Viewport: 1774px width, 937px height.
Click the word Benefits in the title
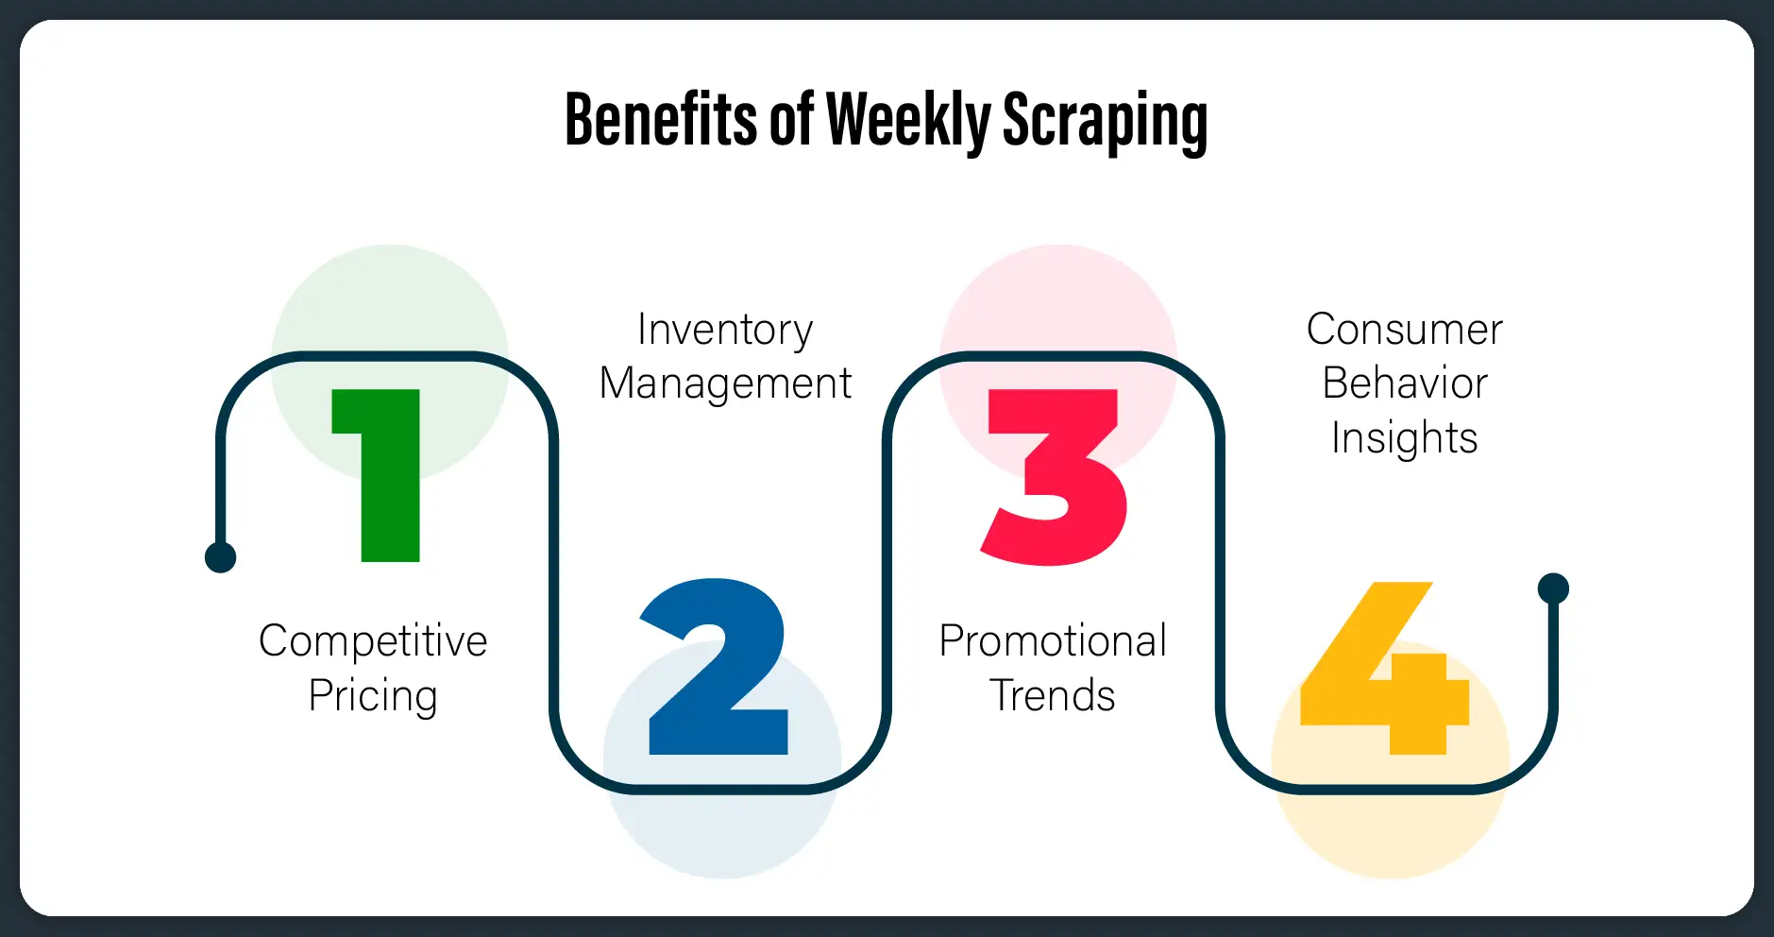point(660,120)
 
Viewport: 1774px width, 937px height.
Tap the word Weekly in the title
point(908,120)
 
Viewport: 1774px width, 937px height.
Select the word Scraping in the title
point(1105,120)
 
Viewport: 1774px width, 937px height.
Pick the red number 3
point(1055,476)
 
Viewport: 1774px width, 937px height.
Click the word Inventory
point(725,330)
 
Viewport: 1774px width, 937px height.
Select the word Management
point(725,383)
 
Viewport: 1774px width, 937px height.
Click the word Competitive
point(373,640)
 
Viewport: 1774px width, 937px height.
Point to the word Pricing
point(373,696)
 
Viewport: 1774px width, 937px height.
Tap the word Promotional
point(1053,640)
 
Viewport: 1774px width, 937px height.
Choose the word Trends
point(1053,696)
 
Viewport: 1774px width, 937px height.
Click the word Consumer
point(1404,330)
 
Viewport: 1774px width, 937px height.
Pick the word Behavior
point(1404,383)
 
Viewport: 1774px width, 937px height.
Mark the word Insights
point(1404,438)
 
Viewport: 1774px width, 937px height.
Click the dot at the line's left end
point(220,557)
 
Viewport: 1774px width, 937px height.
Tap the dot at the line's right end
point(1553,588)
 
